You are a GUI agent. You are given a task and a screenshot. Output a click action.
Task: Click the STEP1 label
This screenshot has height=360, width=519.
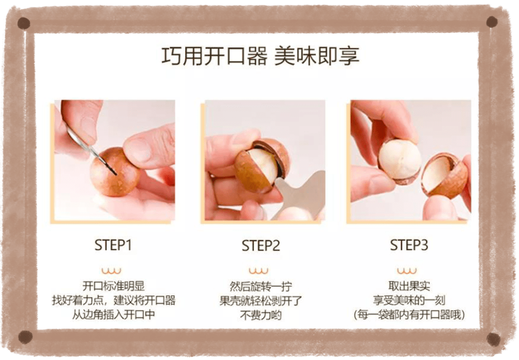click(113, 245)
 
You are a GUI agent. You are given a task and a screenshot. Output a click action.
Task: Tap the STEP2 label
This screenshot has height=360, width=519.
click(261, 246)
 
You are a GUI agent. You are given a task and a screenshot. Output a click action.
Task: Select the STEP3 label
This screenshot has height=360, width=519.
click(409, 245)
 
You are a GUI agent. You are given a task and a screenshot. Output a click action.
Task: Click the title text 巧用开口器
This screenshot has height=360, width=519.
click(215, 56)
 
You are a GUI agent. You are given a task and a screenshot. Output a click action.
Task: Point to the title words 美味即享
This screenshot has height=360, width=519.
click(317, 56)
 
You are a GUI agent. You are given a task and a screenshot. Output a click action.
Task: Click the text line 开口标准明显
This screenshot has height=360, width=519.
click(113, 286)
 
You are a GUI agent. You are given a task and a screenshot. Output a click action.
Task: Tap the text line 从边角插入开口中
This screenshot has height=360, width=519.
click(113, 314)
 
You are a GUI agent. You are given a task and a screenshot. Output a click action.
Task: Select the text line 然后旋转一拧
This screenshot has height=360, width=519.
click(261, 286)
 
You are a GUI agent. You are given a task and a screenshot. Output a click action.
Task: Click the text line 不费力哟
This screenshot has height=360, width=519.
click(261, 315)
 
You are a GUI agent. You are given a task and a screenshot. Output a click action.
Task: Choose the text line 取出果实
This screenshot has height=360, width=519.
click(409, 286)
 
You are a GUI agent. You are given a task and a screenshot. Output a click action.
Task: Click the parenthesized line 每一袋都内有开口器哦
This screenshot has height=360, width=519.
click(409, 314)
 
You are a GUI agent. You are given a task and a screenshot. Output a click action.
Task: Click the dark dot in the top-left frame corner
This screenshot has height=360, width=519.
click(23, 23)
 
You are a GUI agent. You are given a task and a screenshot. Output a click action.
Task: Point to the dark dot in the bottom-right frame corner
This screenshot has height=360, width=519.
click(493, 339)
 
